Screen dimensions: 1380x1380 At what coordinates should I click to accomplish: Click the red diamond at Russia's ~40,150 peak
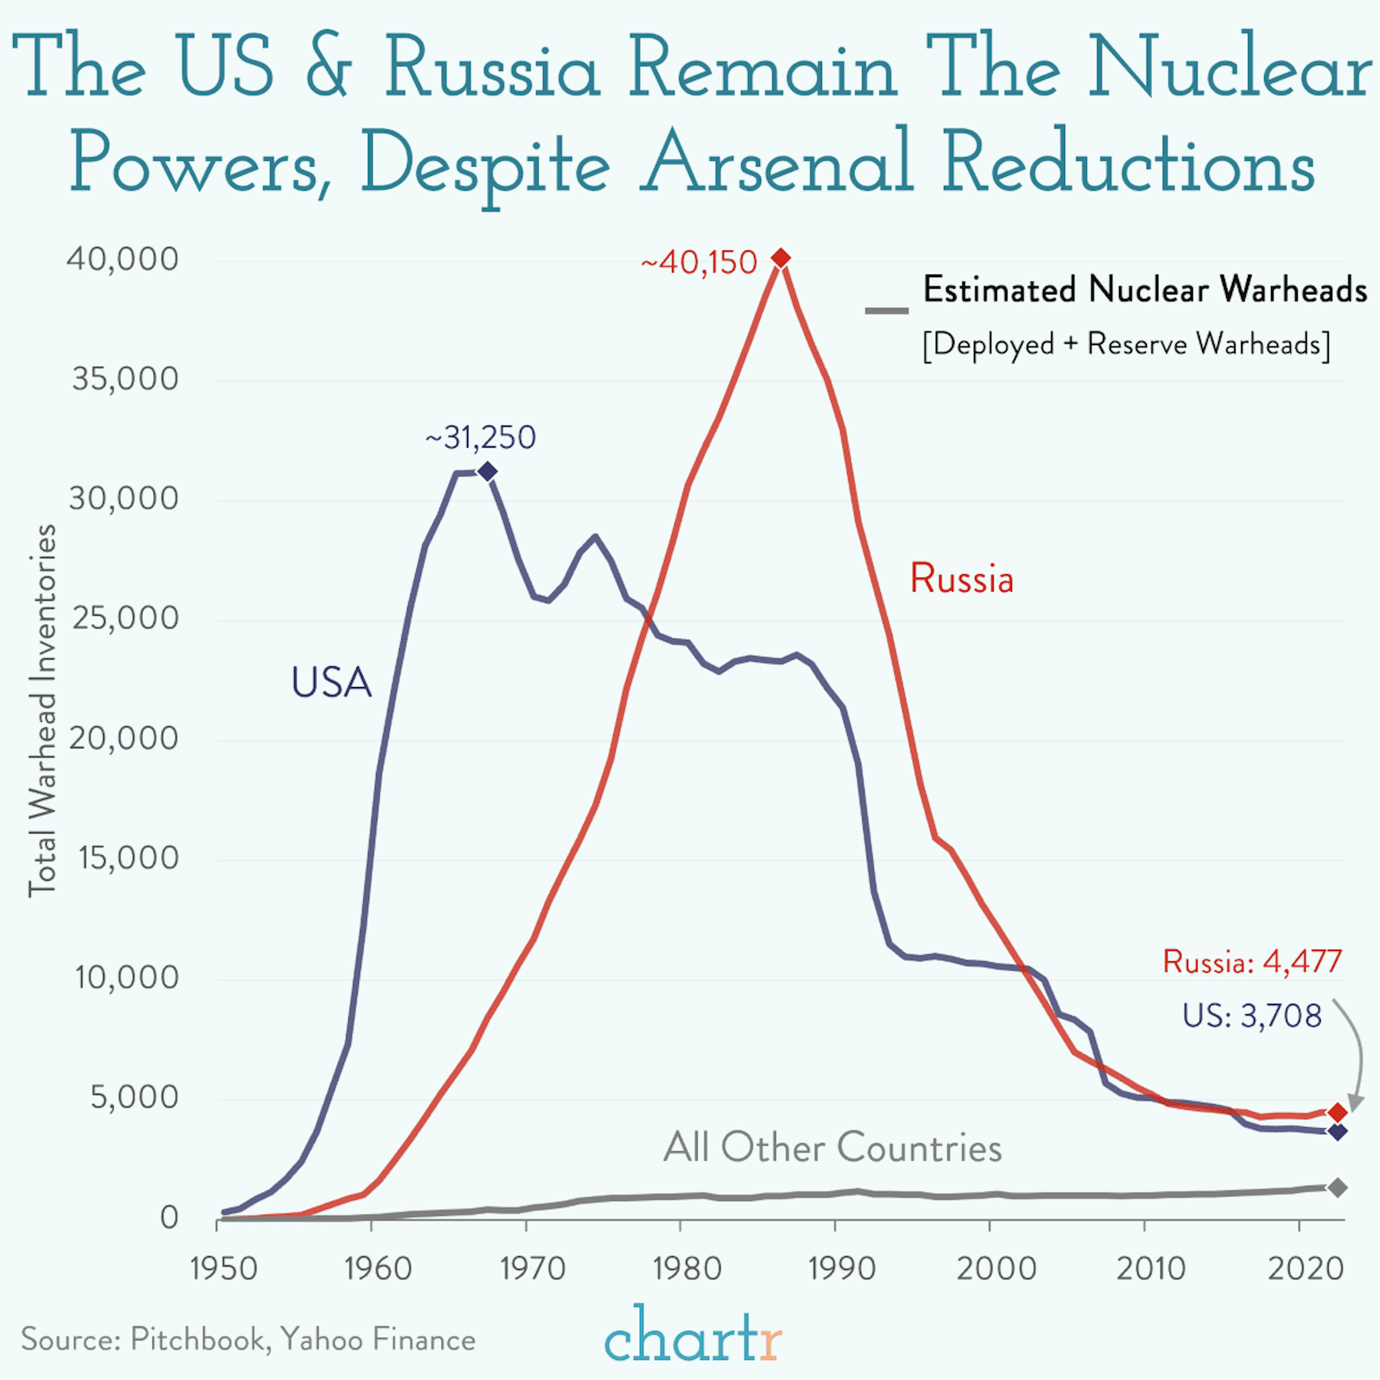[781, 258]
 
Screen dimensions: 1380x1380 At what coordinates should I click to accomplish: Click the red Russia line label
[961, 579]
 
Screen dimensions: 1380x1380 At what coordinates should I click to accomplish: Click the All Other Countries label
[832, 1148]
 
